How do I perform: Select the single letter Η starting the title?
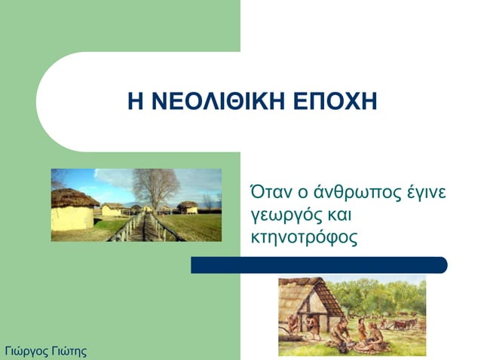tap(133, 102)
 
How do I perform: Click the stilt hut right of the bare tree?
tap(187, 206)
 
